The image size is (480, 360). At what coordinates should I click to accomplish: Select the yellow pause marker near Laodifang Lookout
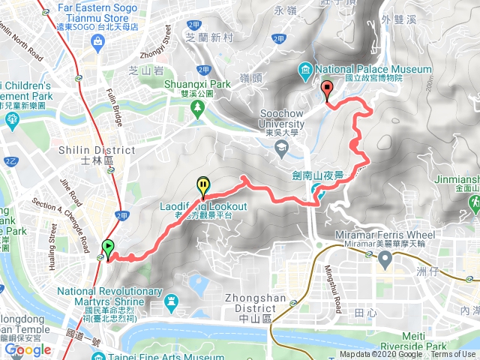pyautogui.click(x=202, y=184)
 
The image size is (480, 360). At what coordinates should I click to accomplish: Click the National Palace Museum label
pyautogui.click(x=374, y=70)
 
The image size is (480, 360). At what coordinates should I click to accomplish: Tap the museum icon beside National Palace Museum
pyautogui.click(x=307, y=71)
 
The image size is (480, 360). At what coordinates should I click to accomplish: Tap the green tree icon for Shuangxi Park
pyautogui.click(x=197, y=110)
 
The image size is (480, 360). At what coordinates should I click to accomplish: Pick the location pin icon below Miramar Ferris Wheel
pyautogui.click(x=385, y=259)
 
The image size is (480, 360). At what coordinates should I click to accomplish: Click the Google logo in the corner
pyautogui.click(x=27, y=349)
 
